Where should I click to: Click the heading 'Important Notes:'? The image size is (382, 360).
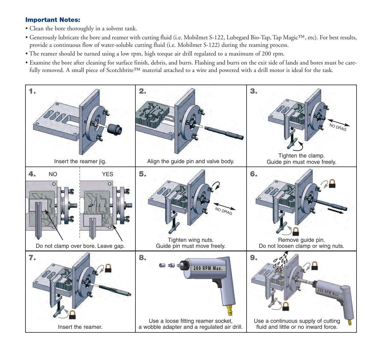point(53,20)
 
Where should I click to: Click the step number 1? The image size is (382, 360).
point(32,91)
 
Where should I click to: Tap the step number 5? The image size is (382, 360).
point(142,174)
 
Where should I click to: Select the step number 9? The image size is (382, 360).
point(253,258)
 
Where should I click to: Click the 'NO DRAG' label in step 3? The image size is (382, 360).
point(338,127)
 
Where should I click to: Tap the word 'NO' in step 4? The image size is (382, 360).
point(53,174)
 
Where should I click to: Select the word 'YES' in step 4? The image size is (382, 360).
point(108,174)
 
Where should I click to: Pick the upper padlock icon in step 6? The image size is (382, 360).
point(332,183)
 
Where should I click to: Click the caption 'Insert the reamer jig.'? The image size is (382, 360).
point(80,161)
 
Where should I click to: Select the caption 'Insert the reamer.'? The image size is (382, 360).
point(80,327)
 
